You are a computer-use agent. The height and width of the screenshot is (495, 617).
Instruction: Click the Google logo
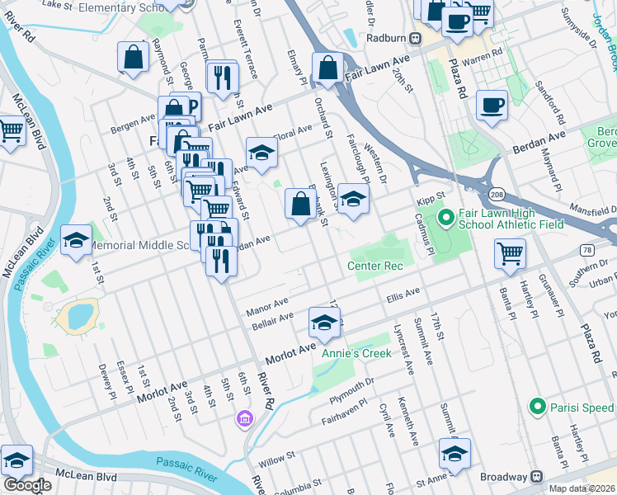pyautogui.click(x=27, y=485)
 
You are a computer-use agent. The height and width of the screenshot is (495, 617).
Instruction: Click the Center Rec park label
pyautogui.click(x=374, y=266)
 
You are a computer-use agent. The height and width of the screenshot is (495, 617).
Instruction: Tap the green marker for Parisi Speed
pyautogui.click(x=537, y=407)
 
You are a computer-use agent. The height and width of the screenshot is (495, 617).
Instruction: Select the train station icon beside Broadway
pyautogui.click(x=537, y=477)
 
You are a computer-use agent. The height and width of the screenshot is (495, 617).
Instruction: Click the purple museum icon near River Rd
pyautogui.click(x=243, y=420)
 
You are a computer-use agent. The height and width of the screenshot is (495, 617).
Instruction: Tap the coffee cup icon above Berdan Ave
pyautogui.click(x=492, y=105)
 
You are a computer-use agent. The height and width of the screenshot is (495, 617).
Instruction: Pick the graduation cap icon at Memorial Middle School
pyautogui.click(x=76, y=240)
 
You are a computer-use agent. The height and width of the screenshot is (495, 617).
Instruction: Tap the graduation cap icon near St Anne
pyautogui.click(x=455, y=454)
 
